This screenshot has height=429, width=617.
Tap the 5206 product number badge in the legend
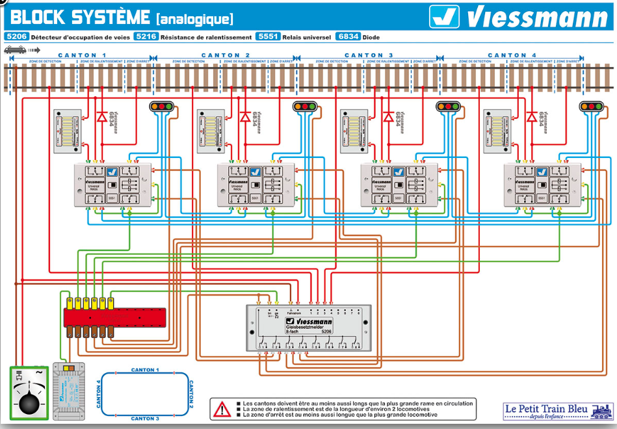pos(16,37)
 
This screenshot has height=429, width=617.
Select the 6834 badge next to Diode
pos(348,37)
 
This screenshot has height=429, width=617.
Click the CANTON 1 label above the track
pos(82,55)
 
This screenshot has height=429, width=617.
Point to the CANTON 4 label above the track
pos(512,55)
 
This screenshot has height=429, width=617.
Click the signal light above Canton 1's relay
pos(163,106)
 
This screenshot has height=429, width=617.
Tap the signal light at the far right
pos(592,106)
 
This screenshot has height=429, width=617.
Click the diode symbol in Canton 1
pos(101,118)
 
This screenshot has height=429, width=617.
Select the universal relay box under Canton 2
pos(256,185)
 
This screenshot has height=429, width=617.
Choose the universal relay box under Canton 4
pos(543,185)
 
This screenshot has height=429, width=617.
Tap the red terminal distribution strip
pos(114,317)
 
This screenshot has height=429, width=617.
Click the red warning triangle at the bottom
pos(222,409)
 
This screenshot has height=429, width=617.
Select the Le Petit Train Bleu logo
pos(558,410)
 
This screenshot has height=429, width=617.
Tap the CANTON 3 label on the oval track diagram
pos(144,418)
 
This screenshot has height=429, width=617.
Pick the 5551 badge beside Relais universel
pos(268,37)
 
